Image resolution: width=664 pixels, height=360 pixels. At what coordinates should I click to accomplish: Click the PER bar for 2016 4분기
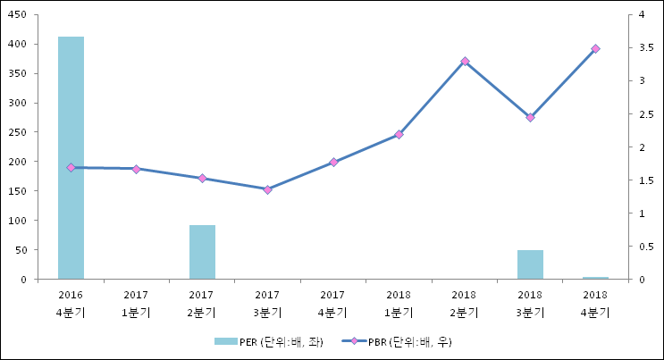(71, 158)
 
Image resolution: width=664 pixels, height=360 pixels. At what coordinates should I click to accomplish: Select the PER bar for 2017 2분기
(202, 252)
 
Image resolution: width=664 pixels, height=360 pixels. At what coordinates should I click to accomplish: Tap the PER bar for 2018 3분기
(530, 264)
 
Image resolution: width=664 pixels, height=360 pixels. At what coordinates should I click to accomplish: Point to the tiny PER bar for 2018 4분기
(595, 278)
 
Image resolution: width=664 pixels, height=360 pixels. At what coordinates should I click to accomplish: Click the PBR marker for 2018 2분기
(465, 62)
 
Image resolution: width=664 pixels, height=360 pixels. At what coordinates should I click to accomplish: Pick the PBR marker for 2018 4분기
(595, 49)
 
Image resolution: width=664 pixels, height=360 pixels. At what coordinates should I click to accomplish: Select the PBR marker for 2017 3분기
(267, 189)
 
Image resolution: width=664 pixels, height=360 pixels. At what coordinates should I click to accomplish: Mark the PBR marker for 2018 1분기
(399, 135)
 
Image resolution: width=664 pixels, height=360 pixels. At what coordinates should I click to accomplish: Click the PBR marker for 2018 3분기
(530, 118)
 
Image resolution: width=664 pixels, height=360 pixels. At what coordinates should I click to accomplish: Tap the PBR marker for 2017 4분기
(333, 163)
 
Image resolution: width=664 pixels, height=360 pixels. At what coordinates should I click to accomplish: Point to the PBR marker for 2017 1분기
(136, 169)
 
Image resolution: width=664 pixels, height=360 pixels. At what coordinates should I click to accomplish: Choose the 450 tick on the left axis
(17, 15)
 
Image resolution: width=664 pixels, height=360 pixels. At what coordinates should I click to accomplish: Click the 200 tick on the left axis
(17, 162)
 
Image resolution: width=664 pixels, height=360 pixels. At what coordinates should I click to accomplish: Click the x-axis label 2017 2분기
(202, 303)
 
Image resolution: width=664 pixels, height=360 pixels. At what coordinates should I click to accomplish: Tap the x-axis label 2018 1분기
(399, 303)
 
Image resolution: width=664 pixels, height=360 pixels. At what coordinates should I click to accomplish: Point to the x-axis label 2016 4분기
(71, 303)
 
